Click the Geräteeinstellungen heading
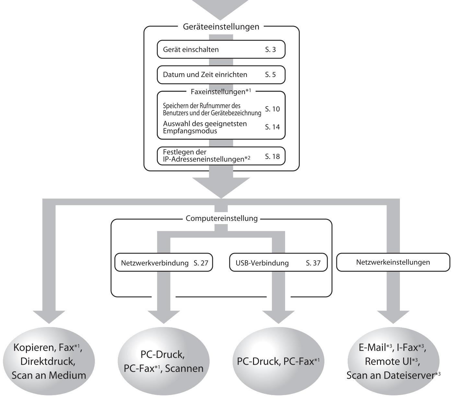221,27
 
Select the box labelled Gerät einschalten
221,49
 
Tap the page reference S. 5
270,74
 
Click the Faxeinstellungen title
221,92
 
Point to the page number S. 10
272,109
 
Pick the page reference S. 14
272,127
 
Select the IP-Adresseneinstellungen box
221,156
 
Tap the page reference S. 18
272,156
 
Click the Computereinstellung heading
222,218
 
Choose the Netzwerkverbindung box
164,262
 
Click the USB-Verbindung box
278,262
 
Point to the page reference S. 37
313,263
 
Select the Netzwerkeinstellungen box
393,262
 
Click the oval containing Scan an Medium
49,361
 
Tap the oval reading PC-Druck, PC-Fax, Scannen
164,361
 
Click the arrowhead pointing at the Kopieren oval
49,317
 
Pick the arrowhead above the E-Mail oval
393,317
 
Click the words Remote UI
388,361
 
